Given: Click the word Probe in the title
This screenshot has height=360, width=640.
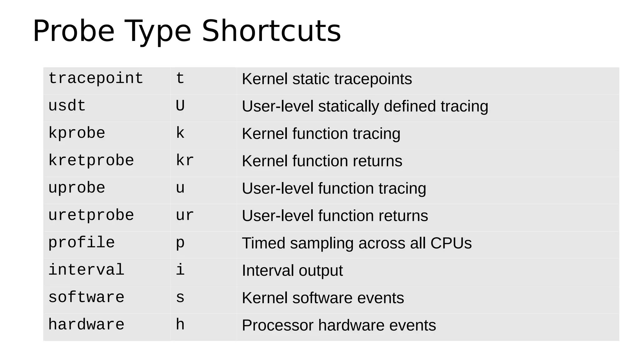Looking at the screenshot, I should click(x=74, y=31).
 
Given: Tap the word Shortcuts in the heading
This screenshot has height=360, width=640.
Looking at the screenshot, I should click(x=271, y=31).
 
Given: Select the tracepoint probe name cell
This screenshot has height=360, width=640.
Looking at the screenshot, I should click(x=96, y=78).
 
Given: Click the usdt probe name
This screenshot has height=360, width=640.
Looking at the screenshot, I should click(x=67, y=106).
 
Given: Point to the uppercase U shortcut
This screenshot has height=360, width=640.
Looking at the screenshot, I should click(x=180, y=106).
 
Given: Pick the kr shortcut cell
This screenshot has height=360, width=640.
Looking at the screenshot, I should click(x=185, y=161).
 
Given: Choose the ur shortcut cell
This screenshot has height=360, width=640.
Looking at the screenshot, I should click(x=185, y=216).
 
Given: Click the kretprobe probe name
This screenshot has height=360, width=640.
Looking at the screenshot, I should click(x=91, y=161).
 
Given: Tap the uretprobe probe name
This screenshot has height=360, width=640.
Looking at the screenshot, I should click(x=91, y=216).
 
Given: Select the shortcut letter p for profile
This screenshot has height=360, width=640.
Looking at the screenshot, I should click(x=180, y=243).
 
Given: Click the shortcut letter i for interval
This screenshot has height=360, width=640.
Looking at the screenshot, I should click(x=180, y=270).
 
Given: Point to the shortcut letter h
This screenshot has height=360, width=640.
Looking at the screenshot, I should click(x=180, y=325).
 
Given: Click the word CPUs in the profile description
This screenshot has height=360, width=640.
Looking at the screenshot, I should click(x=451, y=243).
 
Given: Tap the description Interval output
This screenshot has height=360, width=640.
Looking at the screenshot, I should click(x=292, y=271).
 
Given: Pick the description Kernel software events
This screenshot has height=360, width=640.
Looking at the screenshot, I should click(x=323, y=298).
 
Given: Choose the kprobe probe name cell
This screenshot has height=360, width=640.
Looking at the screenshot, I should click(x=77, y=133).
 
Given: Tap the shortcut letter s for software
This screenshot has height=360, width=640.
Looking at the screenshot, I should click(x=180, y=297).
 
